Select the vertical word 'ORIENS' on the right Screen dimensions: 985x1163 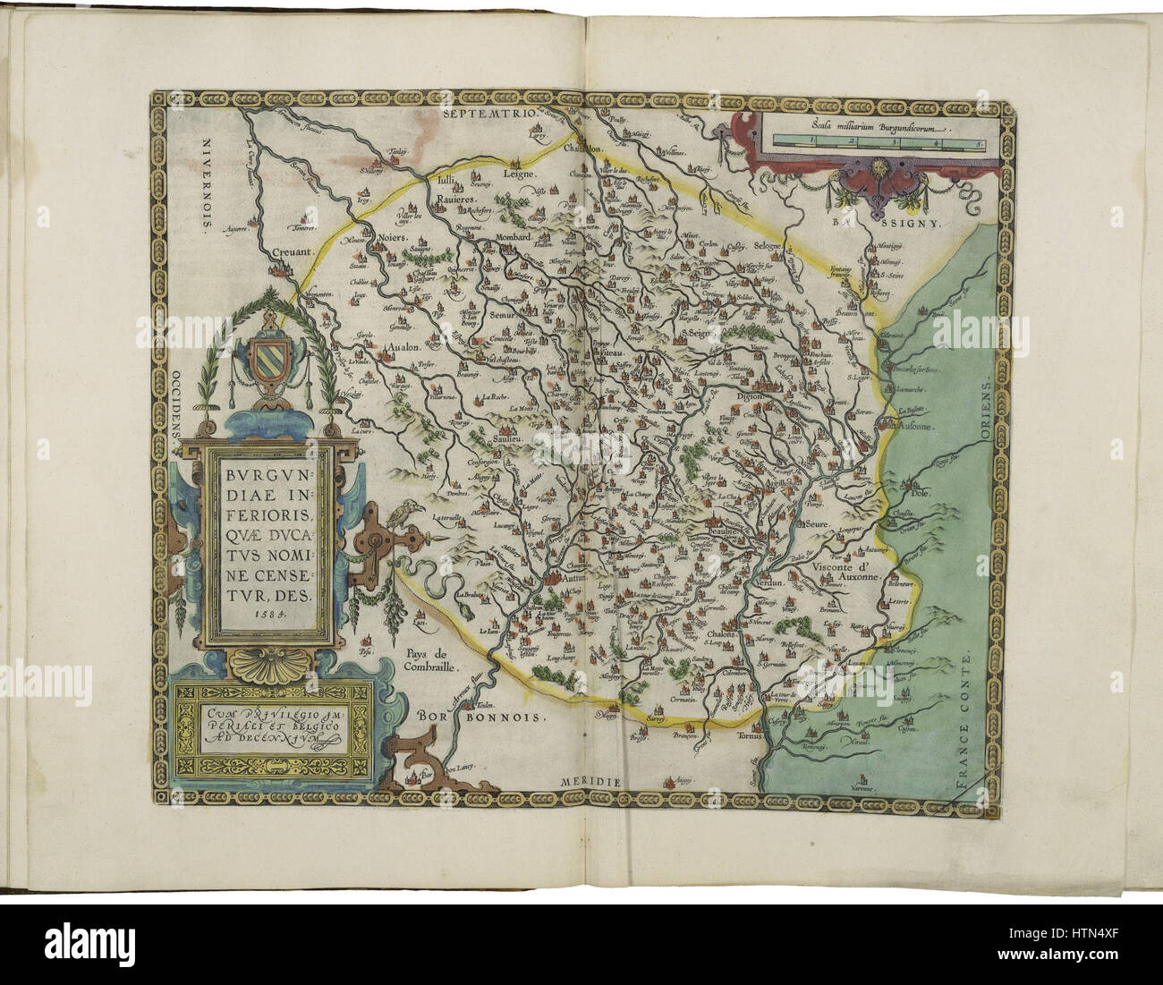(x=985, y=412)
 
